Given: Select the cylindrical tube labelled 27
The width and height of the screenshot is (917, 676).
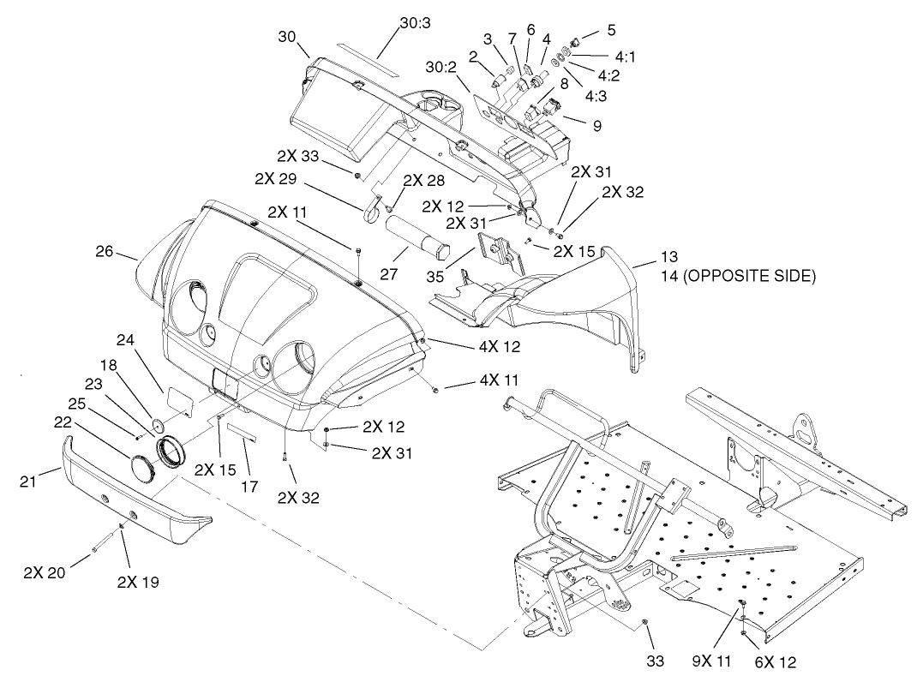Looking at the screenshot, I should (x=416, y=236).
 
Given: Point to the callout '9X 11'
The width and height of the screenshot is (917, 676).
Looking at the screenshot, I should (x=711, y=661).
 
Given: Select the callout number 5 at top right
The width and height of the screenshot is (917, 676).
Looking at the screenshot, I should (x=610, y=30).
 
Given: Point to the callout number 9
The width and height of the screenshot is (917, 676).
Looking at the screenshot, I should (x=596, y=125).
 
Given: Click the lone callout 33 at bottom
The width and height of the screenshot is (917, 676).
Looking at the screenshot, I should (x=655, y=661).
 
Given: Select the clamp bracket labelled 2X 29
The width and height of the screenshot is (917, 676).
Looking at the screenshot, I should (x=373, y=211).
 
